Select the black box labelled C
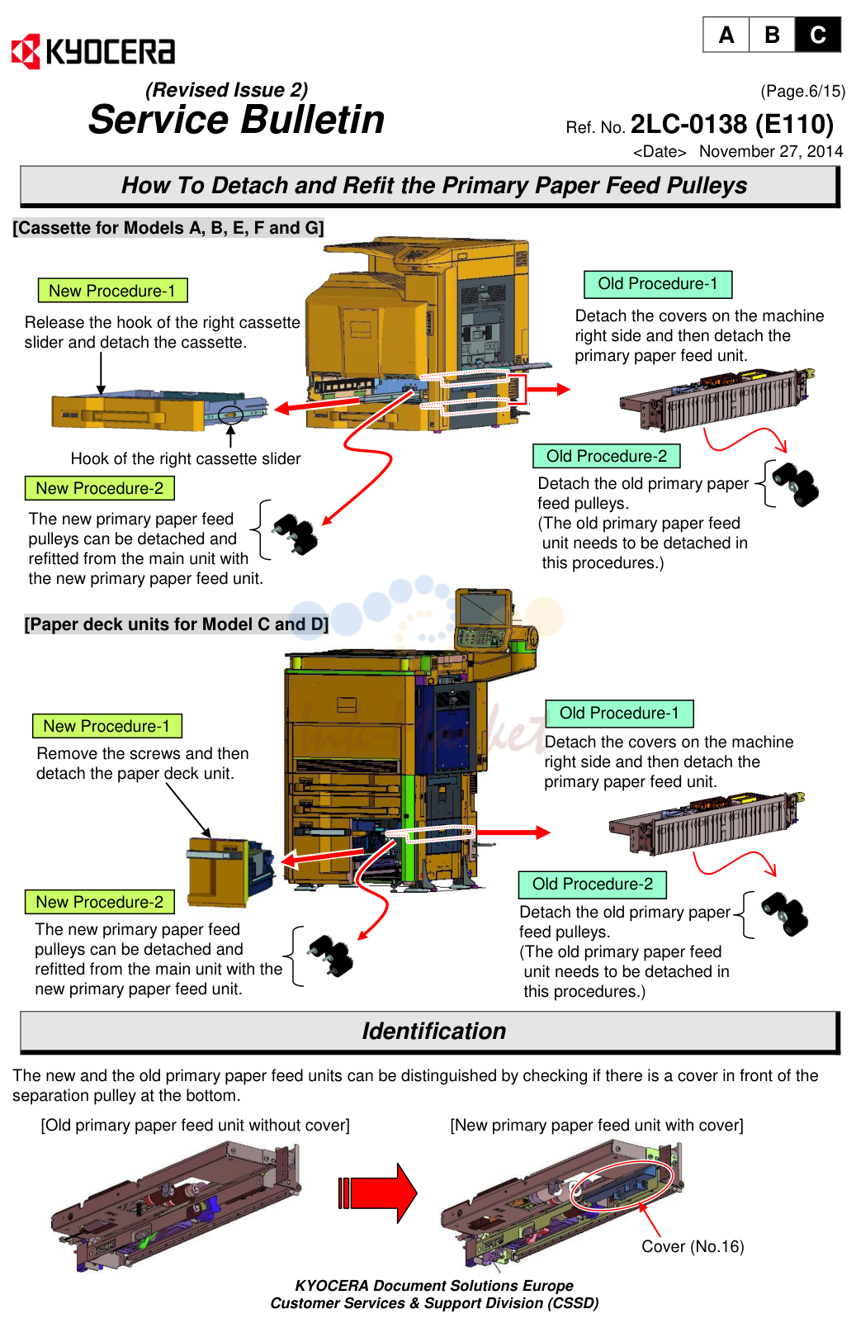click(817, 35)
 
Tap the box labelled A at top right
click(726, 35)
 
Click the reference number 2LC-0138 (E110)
click(732, 124)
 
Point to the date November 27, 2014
click(771, 151)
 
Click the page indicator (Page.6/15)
click(802, 91)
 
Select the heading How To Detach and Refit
click(433, 186)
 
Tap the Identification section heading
click(434, 1031)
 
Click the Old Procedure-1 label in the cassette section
click(658, 284)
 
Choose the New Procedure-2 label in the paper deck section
click(100, 902)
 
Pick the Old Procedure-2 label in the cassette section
click(606, 456)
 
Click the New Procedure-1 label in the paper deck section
click(106, 726)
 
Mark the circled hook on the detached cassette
click(230, 415)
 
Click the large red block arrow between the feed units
click(377, 1193)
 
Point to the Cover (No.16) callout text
click(693, 1246)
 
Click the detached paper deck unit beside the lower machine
click(230, 873)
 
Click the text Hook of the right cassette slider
click(186, 458)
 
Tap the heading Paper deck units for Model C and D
click(176, 624)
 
